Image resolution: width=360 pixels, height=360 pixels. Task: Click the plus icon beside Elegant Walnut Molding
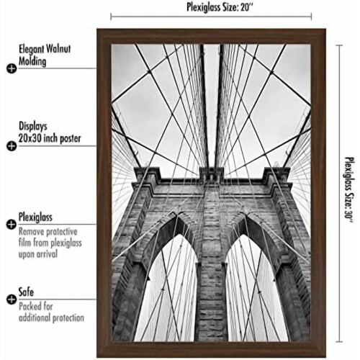point(12,68)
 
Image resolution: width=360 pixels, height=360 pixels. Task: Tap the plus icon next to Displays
point(12,146)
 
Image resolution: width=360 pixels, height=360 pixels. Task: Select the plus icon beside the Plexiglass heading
point(12,225)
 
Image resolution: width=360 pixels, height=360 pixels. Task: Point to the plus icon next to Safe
point(12,300)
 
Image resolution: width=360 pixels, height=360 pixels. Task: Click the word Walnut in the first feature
point(58,49)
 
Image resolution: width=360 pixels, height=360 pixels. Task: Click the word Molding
point(32,61)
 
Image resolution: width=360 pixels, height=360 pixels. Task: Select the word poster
point(71,139)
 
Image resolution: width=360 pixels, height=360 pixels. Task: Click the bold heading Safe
point(26,292)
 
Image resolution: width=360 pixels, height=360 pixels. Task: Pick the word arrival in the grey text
point(47,254)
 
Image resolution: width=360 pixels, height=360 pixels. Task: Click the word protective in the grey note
point(62,232)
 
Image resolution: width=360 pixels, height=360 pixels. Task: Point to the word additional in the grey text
point(35,318)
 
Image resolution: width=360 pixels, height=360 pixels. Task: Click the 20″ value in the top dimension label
point(247,7)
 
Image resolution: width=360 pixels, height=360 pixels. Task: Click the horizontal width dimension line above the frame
point(211,17)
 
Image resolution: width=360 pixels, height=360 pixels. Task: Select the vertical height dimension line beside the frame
point(339,193)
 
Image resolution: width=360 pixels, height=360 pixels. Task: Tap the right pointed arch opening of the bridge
point(255,288)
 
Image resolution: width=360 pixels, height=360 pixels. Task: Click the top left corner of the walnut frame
point(97,29)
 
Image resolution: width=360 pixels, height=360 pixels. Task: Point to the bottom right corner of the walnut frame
point(326,357)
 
